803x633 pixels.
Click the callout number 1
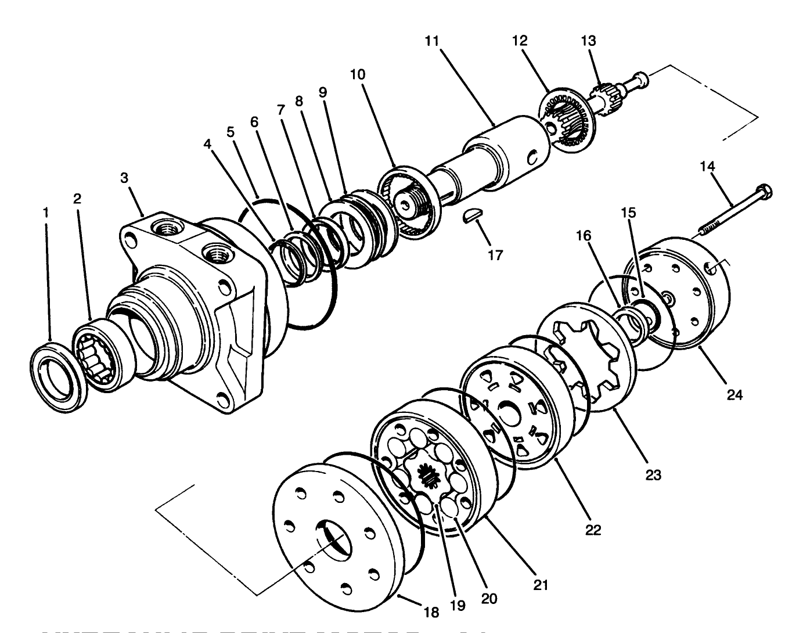click(x=45, y=213)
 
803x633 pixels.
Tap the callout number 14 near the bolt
click(x=707, y=166)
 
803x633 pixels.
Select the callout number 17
click(x=495, y=254)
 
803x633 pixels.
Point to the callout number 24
click(x=734, y=395)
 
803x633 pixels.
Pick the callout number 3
click(x=124, y=178)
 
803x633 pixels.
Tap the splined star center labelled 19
click(x=427, y=476)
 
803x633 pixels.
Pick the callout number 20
click(x=489, y=598)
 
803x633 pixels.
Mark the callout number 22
click(x=593, y=530)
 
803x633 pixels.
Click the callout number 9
click(x=323, y=92)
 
